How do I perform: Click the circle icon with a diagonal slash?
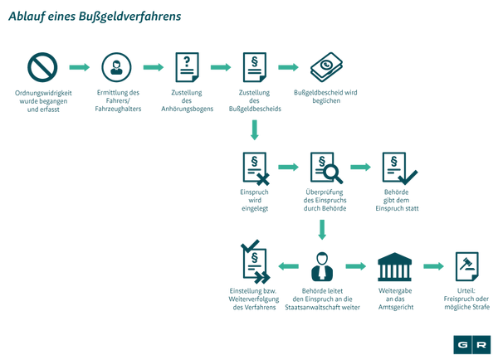click(41, 67)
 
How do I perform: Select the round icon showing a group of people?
click(116, 67)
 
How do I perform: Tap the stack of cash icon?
click(326, 66)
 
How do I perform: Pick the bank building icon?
click(394, 267)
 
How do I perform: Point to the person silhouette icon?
click(321, 267)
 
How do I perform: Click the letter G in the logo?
click(463, 344)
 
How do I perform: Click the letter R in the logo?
click(482, 344)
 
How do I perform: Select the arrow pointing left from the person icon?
click(288, 267)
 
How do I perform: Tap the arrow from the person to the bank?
click(356, 267)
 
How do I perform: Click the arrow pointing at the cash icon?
click(288, 67)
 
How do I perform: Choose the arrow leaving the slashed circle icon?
click(79, 67)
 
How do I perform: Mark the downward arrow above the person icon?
click(322, 228)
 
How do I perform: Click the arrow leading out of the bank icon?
click(433, 267)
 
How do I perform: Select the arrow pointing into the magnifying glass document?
click(288, 167)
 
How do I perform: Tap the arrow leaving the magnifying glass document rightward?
click(360, 167)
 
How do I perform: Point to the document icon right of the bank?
click(466, 267)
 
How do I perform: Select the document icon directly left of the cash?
click(254, 67)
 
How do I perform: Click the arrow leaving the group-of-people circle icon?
click(154, 67)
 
